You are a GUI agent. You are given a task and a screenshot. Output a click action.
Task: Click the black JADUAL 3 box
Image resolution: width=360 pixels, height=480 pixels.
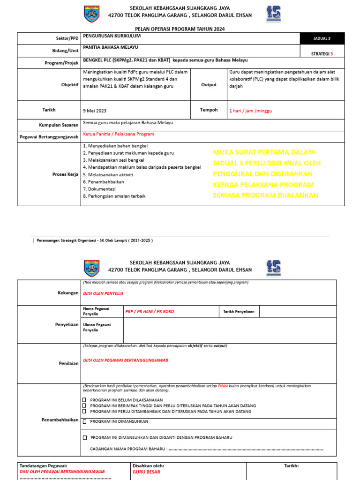[x=322, y=38]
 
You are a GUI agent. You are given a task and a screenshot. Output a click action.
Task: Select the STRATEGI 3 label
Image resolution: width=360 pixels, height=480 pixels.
[x=322, y=54]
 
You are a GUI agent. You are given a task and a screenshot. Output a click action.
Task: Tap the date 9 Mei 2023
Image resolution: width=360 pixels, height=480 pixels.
[x=95, y=111]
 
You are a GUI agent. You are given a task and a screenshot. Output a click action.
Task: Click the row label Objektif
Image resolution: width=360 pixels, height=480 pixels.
[x=70, y=85]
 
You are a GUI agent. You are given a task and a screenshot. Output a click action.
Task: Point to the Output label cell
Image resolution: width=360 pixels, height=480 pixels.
[x=209, y=85]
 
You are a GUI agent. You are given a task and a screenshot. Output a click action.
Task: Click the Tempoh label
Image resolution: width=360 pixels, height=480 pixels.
[x=209, y=110]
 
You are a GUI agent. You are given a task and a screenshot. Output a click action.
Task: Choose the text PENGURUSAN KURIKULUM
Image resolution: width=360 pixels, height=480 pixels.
[x=112, y=36]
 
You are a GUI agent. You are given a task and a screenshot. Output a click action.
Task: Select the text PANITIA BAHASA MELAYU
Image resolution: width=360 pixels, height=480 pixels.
[x=111, y=47]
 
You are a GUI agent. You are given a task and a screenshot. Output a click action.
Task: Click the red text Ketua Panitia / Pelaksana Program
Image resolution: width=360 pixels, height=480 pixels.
[x=119, y=134]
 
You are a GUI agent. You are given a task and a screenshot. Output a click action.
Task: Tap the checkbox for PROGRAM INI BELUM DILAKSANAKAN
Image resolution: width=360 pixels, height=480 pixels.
[x=84, y=400]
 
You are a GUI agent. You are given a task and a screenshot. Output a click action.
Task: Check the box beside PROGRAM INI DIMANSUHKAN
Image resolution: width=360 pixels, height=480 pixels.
[x=84, y=421]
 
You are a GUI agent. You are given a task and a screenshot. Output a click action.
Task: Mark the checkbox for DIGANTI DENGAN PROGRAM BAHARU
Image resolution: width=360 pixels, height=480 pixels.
[x=84, y=437]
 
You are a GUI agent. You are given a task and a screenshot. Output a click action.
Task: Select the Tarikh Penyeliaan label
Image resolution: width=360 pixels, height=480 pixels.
[x=239, y=311]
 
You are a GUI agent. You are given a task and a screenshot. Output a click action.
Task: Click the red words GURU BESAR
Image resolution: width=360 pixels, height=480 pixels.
[x=147, y=472]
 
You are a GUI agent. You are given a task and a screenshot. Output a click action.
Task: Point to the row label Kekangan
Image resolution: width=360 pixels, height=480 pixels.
[x=68, y=293]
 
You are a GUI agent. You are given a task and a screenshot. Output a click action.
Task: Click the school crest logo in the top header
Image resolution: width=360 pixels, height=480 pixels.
[x=91, y=14]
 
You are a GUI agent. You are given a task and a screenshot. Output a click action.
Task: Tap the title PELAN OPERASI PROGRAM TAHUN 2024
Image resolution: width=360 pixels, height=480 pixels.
[x=180, y=29]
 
